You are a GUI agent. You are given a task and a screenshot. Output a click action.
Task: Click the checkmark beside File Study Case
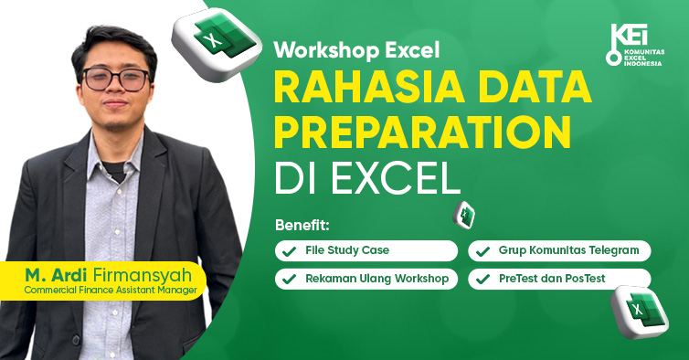tap(290, 250)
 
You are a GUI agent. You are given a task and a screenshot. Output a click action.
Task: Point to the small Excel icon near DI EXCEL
tap(465, 214)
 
